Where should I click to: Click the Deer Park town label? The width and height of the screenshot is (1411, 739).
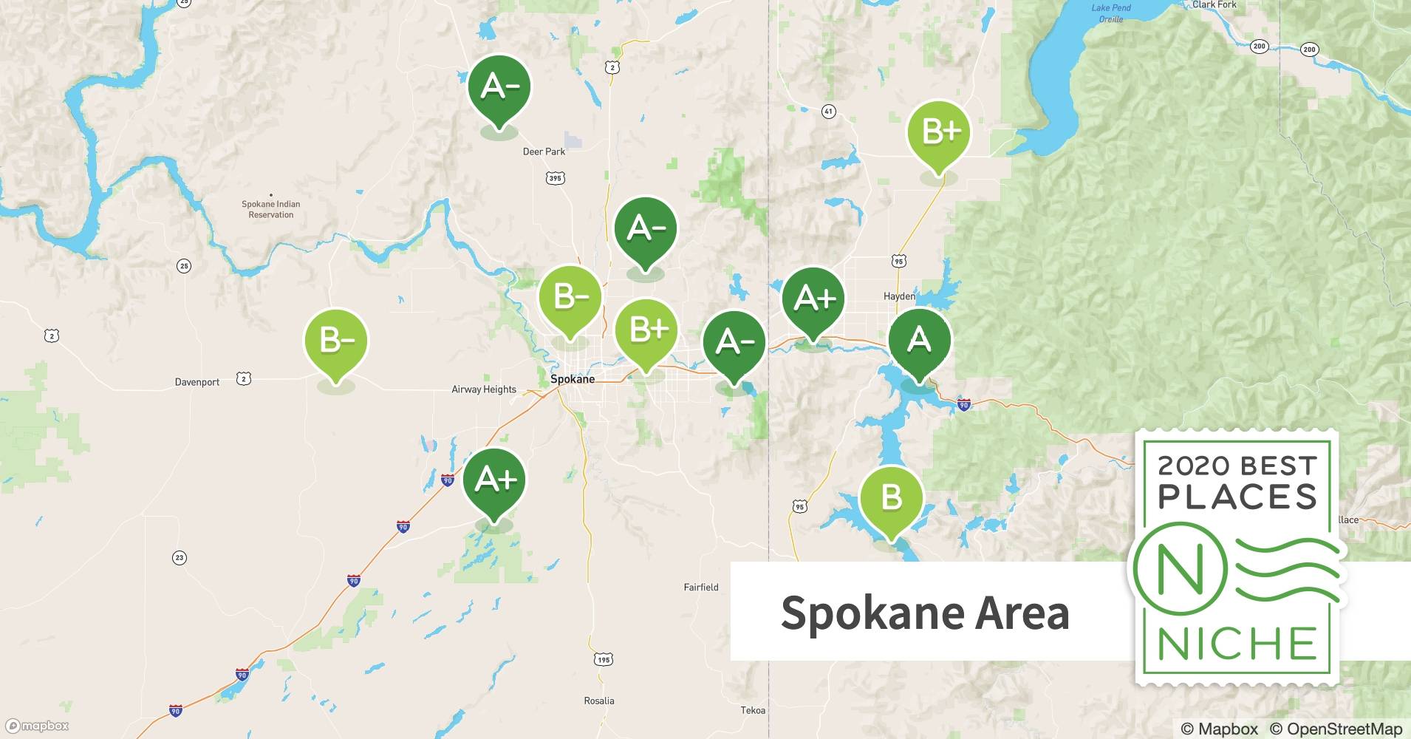point(544,151)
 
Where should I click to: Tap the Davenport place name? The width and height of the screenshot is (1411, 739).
point(197,382)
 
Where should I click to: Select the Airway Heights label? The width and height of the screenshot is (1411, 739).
point(484,389)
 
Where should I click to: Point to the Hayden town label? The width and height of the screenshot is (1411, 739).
point(899,296)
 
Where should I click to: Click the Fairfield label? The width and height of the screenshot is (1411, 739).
point(700,588)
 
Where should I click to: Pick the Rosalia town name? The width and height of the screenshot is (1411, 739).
point(598,701)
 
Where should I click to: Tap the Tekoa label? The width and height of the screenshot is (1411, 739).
point(753,710)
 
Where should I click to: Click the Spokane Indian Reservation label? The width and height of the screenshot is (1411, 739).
point(270,209)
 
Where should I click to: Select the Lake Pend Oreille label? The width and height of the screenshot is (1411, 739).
point(1110,13)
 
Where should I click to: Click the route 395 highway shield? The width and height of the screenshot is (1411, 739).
point(556,178)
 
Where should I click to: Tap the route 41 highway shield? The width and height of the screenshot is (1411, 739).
point(828,112)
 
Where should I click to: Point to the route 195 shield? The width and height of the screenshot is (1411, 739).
point(604,659)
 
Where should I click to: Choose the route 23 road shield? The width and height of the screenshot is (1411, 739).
point(179,558)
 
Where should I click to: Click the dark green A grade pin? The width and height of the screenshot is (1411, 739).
point(919,341)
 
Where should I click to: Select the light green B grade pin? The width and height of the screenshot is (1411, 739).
point(892,498)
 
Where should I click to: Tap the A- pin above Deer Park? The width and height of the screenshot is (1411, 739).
point(499,87)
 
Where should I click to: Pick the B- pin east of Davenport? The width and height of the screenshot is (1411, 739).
point(336,341)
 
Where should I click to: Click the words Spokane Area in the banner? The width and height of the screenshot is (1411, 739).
point(925,612)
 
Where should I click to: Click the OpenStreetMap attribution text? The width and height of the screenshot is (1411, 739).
point(1336,729)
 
